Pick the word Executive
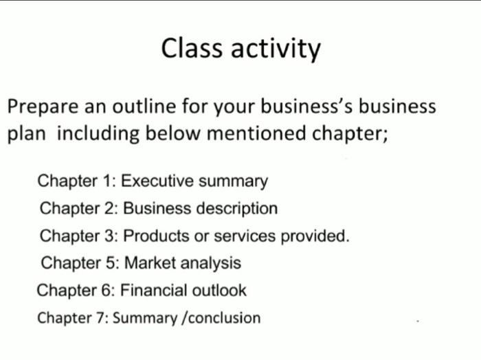click(x=157, y=181)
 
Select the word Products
click(x=155, y=236)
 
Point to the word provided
click(x=316, y=236)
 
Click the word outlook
click(x=220, y=290)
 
